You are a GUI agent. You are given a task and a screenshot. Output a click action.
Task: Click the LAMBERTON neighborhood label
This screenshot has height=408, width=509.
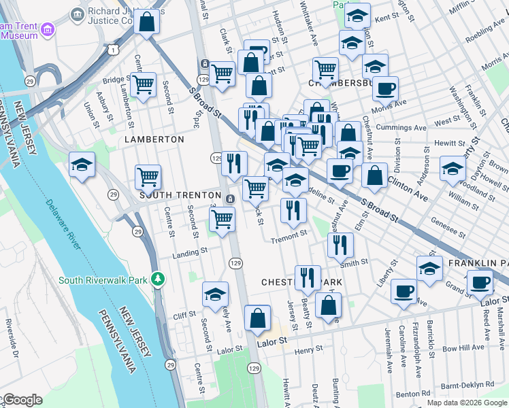[154, 139]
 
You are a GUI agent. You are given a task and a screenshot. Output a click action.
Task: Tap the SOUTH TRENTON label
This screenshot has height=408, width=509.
[178, 194]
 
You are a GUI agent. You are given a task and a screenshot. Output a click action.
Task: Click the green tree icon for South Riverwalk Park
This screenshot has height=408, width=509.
[158, 279]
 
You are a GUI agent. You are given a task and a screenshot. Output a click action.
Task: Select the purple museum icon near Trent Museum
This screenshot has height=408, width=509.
[47, 29]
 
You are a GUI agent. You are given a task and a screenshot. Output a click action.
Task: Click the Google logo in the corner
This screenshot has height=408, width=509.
[22, 400]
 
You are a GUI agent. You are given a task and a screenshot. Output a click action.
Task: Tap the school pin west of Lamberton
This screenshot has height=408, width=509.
[82, 165]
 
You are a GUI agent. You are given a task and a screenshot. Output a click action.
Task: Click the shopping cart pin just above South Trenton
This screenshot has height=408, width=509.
[148, 177]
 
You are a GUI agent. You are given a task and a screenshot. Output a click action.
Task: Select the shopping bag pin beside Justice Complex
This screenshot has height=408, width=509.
[147, 22]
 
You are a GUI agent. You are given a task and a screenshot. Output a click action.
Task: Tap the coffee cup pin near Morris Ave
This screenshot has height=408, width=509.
[385, 89]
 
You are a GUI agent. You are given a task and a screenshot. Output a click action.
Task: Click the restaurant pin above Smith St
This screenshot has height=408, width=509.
[340, 245]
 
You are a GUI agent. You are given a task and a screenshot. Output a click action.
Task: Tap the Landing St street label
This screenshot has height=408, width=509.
[190, 252]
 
